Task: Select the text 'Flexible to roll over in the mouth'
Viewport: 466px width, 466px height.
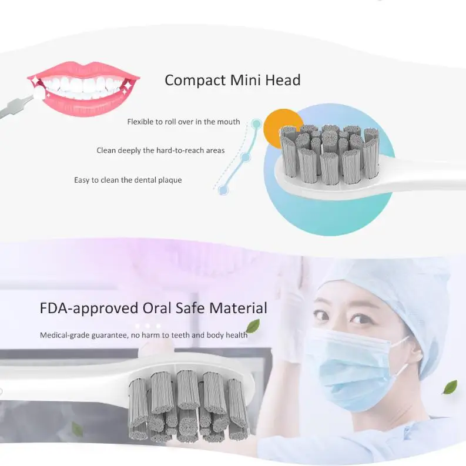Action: [x=183, y=122]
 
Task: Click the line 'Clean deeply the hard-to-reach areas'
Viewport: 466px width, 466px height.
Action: [x=160, y=150]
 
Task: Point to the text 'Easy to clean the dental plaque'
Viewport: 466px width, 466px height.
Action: [x=128, y=180]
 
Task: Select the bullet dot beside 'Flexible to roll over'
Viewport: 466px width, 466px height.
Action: [x=256, y=124]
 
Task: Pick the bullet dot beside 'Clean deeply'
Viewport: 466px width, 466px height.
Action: [x=246, y=157]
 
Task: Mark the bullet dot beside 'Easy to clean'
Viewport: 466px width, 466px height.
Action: [x=223, y=190]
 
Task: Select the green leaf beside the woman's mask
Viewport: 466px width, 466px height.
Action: [x=450, y=387]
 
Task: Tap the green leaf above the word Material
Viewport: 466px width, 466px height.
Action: [x=253, y=326]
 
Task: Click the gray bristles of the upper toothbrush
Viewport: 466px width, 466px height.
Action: [x=329, y=153]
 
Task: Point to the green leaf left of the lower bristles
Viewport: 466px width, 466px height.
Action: [x=76, y=430]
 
